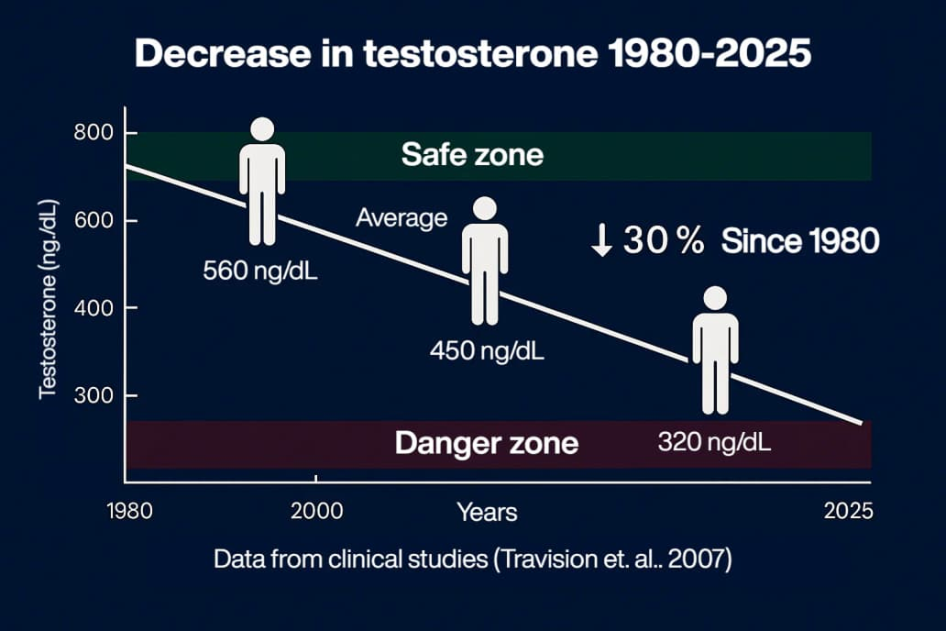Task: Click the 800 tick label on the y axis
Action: point(93,132)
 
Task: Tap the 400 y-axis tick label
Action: point(93,308)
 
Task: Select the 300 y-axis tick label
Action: point(93,395)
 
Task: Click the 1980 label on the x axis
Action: point(130,512)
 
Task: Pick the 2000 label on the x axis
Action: point(317,512)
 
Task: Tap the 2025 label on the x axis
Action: point(848,512)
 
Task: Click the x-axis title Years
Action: point(487,513)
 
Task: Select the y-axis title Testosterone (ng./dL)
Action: point(49,300)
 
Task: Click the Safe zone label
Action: point(472,155)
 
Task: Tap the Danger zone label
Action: point(487,443)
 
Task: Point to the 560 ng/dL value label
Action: point(260,271)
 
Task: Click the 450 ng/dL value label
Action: point(487,351)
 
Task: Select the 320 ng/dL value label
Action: point(714,443)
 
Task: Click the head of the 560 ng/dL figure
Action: point(262,129)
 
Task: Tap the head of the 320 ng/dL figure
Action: point(716,298)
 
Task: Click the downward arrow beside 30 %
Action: point(601,239)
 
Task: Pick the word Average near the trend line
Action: point(401,218)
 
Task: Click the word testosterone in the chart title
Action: point(480,54)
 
